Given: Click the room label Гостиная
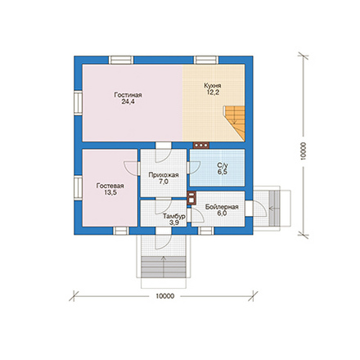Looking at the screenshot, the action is pos(128,95).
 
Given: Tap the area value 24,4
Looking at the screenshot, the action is pos(128,101).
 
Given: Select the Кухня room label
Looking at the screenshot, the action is pos(213,86).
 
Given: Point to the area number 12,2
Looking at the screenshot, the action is pos(213,92).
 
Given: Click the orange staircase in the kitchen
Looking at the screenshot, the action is pos(235,123).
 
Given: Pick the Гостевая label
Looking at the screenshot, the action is pos(110,186).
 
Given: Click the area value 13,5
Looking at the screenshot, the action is pos(110,192).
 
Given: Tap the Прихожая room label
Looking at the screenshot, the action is pos(164,175).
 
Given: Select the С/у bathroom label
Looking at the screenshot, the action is pos(223,165).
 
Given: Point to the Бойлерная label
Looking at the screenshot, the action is pos(222,207).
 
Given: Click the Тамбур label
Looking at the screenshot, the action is pos(174,216).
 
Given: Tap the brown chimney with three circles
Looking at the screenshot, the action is pos(201,146).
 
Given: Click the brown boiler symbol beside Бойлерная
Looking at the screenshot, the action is pos(191,198).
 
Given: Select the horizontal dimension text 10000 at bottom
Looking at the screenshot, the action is pos(165,296).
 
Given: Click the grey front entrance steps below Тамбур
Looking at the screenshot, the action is pos(164,267).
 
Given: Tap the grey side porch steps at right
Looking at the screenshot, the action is pos(275,209).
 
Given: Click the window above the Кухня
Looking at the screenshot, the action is pos(206,60).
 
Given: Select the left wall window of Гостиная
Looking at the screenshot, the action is pos(78,103).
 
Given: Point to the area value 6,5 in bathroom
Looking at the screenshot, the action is pos(223,172).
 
